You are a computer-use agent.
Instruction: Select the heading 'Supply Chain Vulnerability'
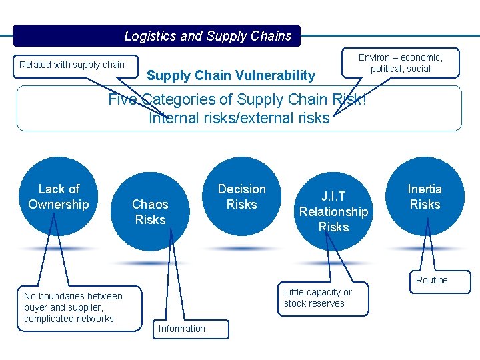(x=231, y=75)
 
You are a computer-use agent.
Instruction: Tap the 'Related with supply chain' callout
(x=72, y=65)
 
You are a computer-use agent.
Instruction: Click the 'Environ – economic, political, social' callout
(x=400, y=63)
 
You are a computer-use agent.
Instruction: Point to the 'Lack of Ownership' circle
(x=59, y=197)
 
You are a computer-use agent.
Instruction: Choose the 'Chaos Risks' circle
(x=150, y=211)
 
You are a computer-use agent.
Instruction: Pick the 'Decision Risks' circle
(x=241, y=197)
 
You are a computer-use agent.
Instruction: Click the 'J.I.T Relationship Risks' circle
(x=333, y=211)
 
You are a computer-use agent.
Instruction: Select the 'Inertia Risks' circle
(x=425, y=197)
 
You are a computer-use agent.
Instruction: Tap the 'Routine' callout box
(x=432, y=281)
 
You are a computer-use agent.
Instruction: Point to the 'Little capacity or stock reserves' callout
(x=319, y=298)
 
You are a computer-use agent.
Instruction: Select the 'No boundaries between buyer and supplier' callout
(x=73, y=307)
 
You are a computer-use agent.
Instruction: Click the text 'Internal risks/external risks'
(x=239, y=118)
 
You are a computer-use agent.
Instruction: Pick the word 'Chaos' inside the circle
(x=150, y=204)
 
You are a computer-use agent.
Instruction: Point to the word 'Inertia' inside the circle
(x=425, y=189)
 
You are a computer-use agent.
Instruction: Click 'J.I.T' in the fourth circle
(x=333, y=197)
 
